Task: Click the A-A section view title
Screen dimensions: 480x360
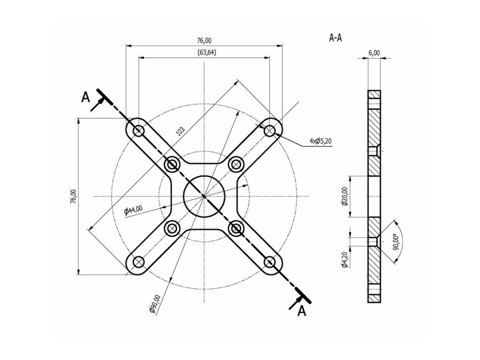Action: tap(335, 38)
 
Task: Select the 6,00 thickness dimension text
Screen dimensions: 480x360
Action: tap(374, 53)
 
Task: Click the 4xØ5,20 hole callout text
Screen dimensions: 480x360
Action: tap(320, 142)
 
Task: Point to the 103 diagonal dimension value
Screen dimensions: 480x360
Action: tap(180, 130)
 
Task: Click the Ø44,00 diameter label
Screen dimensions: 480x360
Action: tap(134, 210)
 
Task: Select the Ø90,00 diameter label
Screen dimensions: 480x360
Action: tap(154, 303)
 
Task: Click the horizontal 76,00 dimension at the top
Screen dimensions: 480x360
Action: tap(204, 41)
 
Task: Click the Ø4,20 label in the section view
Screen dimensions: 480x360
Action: tap(345, 259)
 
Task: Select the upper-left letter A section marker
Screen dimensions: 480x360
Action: tap(85, 97)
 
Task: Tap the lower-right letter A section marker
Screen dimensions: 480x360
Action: tap(302, 310)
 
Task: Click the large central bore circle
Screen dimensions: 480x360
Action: tap(204, 196)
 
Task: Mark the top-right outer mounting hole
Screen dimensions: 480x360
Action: tap(270, 130)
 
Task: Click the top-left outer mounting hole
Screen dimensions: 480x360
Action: tap(138, 130)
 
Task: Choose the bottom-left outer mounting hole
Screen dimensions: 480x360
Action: tap(138, 262)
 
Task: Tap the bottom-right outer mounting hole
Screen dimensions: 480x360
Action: tap(270, 262)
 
